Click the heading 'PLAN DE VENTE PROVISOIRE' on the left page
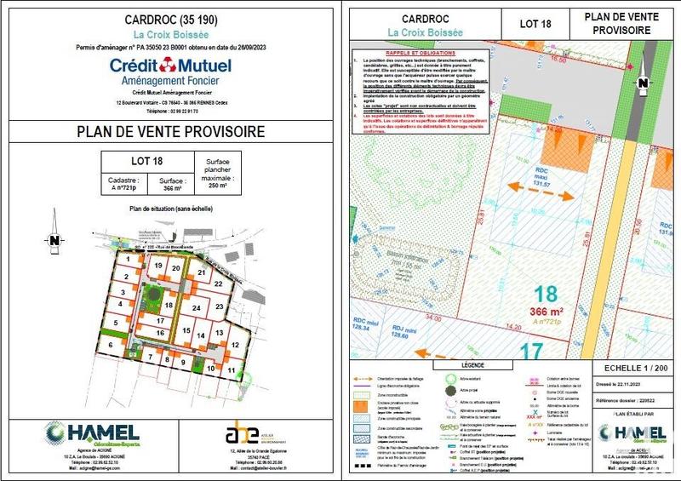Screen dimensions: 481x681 click(x=170, y=132)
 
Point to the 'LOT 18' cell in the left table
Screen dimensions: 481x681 click(x=146, y=161)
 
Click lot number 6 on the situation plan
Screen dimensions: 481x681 click(x=110, y=344)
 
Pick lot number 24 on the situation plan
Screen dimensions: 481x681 click(x=197, y=307)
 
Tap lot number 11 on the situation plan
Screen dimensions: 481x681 click(x=231, y=371)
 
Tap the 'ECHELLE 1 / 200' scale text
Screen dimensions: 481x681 click(x=627, y=368)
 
